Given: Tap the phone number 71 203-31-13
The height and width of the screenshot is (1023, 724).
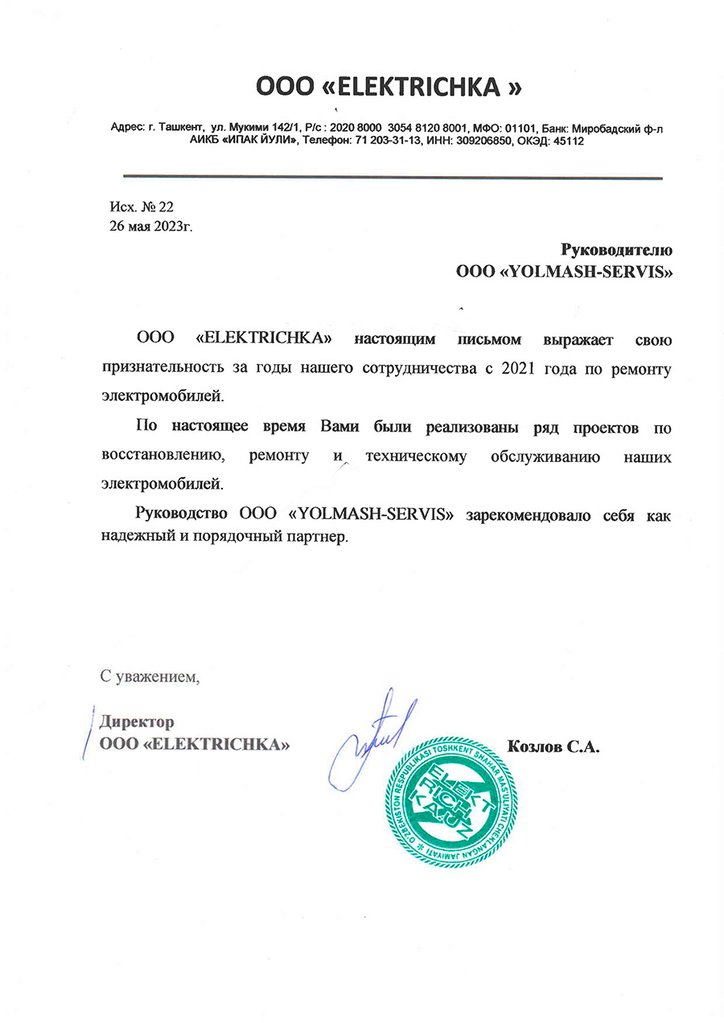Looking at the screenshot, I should coord(383,141).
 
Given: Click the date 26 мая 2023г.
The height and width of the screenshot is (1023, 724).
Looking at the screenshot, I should coord(151,226).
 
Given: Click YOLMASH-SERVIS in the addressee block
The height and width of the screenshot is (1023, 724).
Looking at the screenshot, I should coord(586,272).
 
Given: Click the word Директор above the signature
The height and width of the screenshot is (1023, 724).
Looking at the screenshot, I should coord(136,722).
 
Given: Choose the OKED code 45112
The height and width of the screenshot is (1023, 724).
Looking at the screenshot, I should coord(567,141).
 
